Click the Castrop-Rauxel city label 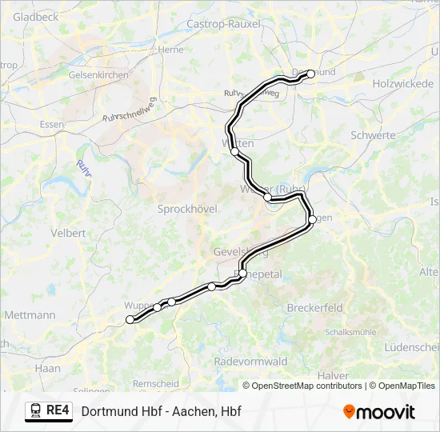point(223,24)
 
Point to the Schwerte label point(373,135)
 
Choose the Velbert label point(68,233)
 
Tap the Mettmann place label point(30,315)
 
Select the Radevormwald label point(250,362)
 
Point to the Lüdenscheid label point(411,346)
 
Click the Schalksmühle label point(350,331)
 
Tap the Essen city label point(51,125)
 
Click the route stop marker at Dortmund point(311,74)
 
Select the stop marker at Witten point(234,150)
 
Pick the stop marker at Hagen point(312,218)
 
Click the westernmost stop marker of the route point(130,320)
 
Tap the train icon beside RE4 point(35,411)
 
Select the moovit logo point(379,412)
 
